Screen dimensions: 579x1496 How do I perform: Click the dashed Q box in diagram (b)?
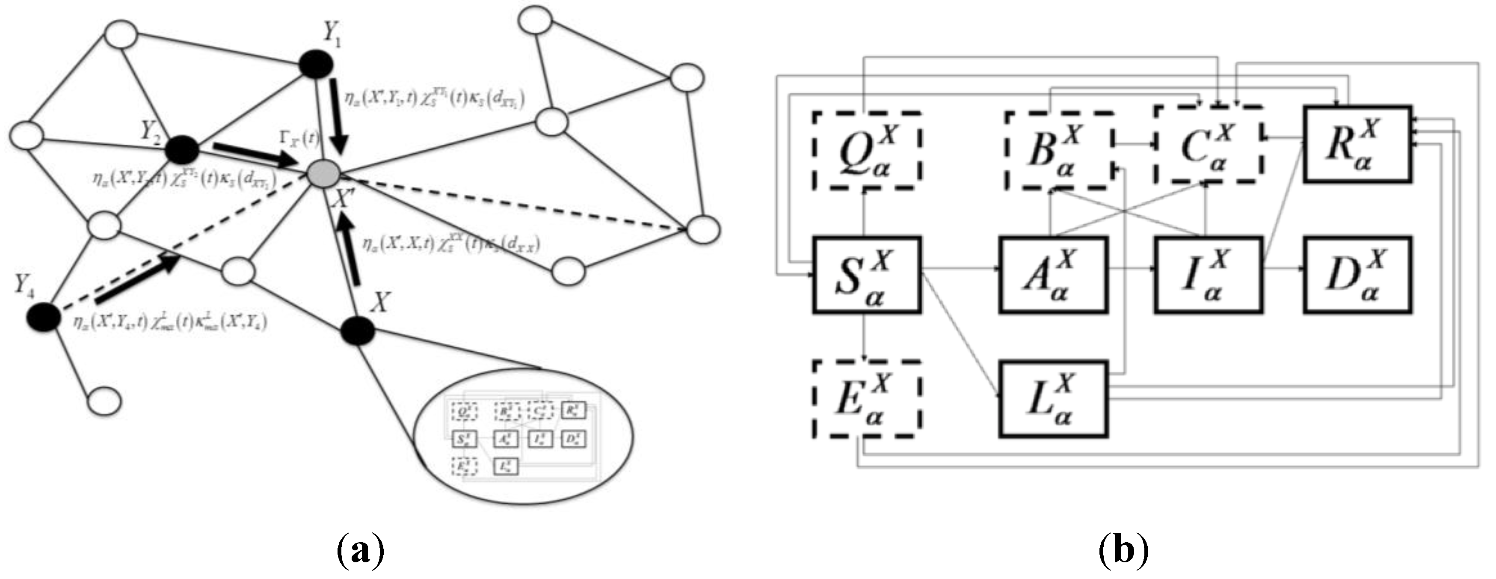point(866,150)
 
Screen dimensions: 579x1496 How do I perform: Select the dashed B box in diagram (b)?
point(1059,150)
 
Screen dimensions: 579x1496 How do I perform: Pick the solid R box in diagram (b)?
point(1357,144)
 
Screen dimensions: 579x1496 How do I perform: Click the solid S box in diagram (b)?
point(866,275)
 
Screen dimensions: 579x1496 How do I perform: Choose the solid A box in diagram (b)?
point(1053,275)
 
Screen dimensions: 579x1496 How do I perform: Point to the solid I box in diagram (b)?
point(1208,275)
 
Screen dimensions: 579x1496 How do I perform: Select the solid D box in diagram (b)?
point(1357,275)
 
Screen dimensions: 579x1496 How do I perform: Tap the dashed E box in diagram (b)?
point(866,398)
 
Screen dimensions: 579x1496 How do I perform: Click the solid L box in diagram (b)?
point(1053,398)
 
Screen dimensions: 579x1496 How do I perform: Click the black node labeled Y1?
point(315,63)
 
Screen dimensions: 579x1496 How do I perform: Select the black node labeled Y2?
point(182,150)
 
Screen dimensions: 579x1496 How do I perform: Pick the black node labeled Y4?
point(43,317)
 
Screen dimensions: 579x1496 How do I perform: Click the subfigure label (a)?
point(360,551)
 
